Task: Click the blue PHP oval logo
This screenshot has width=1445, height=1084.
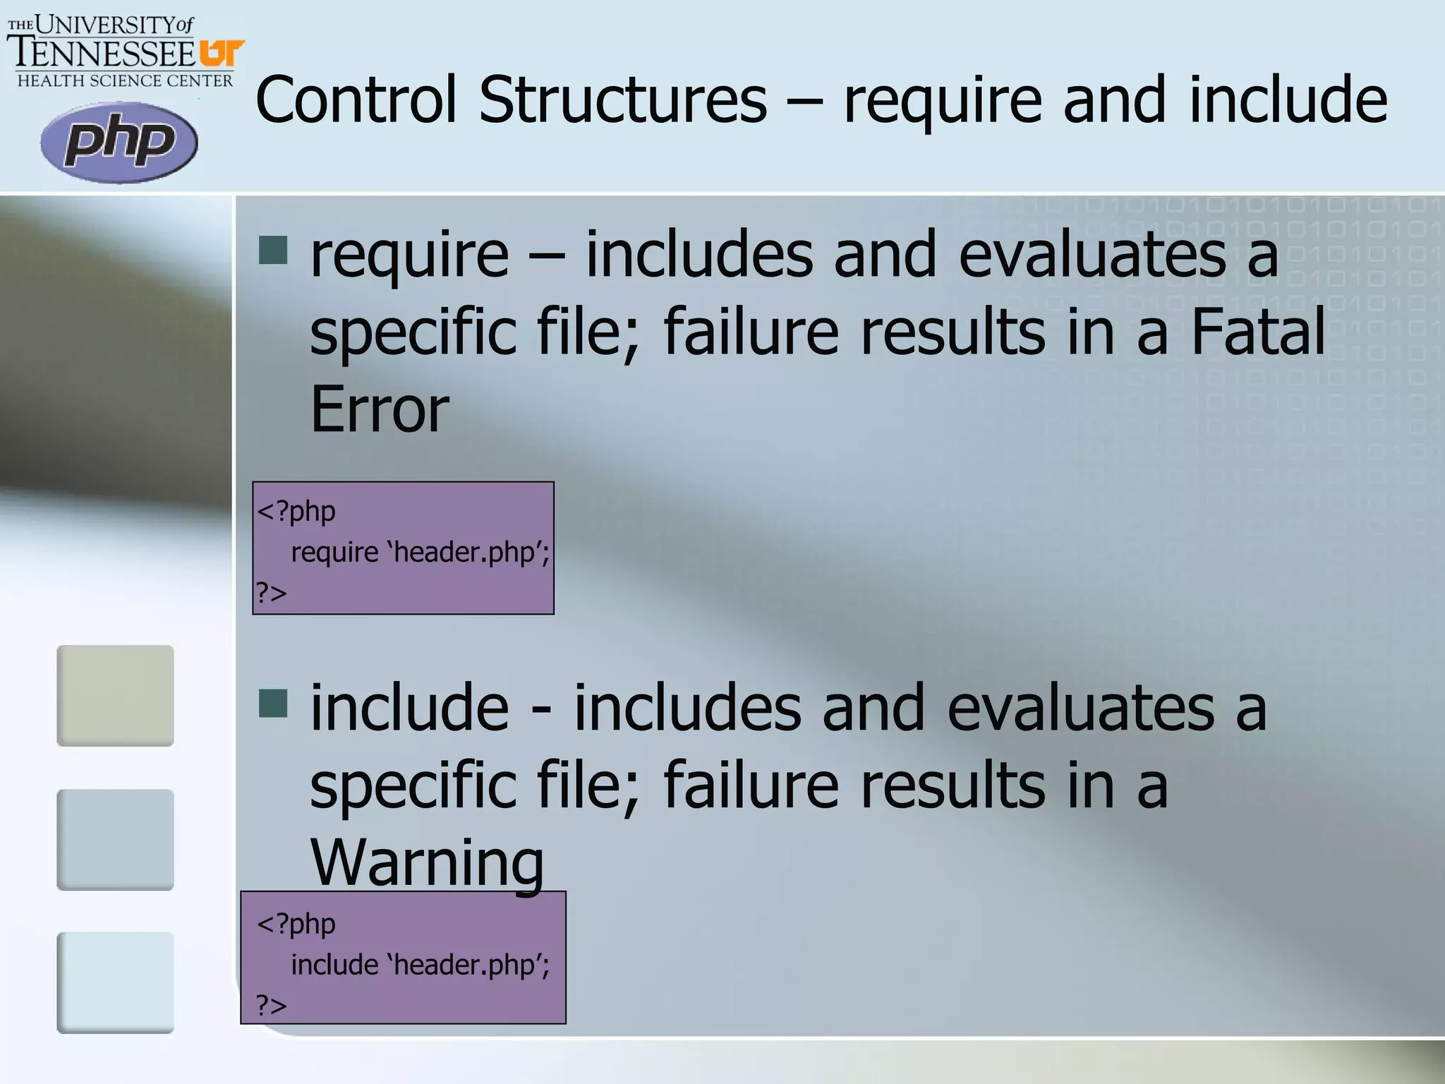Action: [119, 142]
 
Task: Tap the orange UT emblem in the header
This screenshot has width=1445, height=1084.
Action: [222, 54]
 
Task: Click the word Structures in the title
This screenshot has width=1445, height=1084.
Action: [622, 100]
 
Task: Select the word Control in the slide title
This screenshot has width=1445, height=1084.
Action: [356, 100]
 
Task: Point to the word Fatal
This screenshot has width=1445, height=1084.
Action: [1258, 332]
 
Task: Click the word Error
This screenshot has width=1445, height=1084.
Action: [380, 409]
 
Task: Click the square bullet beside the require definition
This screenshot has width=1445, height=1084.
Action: [273, 250]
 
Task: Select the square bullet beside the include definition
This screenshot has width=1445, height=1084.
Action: [273, 704]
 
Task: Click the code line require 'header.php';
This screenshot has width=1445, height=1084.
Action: [420, 552]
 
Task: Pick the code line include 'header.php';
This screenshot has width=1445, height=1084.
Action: [420, 965]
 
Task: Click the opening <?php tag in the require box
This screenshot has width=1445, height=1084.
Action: [296, 511]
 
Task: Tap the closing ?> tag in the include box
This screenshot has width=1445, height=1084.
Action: [272, 1005]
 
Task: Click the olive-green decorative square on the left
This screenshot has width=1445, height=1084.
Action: [115, 695]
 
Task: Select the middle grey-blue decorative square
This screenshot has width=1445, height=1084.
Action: [115, 839]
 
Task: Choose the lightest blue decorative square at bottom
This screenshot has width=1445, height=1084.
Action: [115, 982]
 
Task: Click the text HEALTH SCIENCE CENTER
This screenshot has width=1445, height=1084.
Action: [125, 81]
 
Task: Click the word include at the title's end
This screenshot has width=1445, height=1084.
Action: [1288, 100]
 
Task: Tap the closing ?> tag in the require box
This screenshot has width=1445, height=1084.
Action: [272, 592]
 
